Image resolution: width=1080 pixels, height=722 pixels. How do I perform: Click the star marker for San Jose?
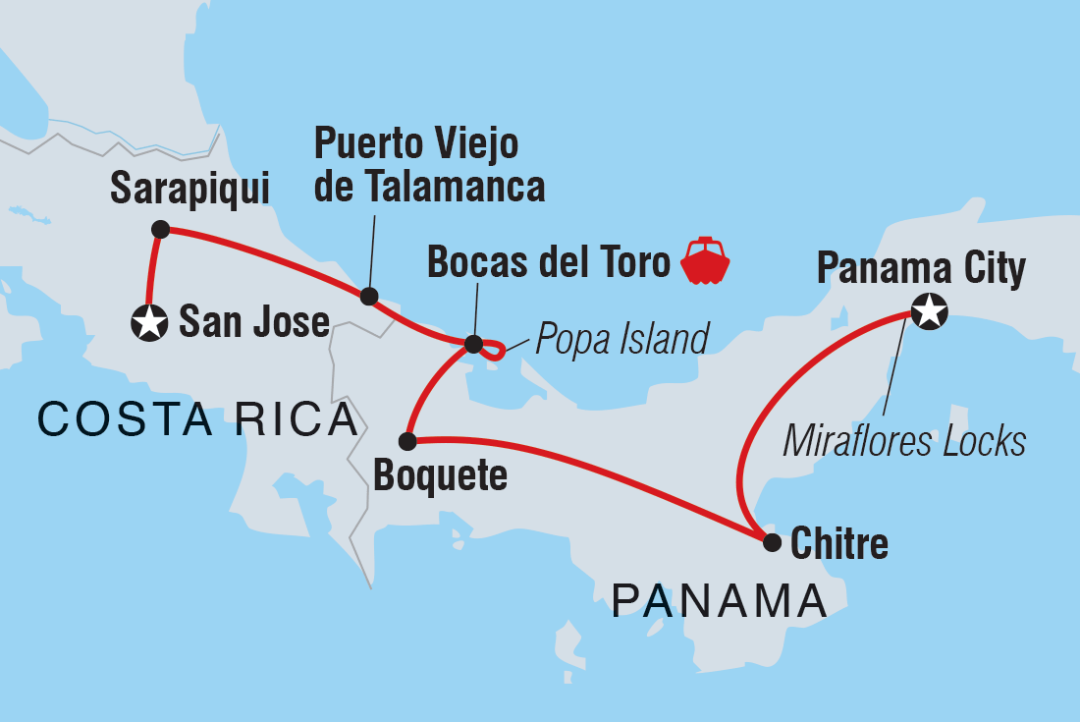(x=149, y=322)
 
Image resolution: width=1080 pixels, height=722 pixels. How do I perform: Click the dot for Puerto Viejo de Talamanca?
(x=369, y=296)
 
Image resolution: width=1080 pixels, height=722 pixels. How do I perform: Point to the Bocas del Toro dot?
(x=473, y=345)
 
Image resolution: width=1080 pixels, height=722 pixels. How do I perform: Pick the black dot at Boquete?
(x=407, y=441)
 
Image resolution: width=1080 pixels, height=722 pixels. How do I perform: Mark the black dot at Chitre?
(x=773, y=541)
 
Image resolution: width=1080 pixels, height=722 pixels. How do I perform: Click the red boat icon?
(x=707, y=261)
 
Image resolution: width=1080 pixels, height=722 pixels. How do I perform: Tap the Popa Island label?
(x=621, y=339)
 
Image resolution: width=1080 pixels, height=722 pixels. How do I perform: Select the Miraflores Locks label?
(x=903, y=441)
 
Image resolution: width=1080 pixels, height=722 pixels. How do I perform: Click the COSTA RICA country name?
(x=197, y=420)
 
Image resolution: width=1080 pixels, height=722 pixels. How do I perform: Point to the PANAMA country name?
(x=719, y=600)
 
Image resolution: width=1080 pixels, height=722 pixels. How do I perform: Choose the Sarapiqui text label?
(x=189, y=189)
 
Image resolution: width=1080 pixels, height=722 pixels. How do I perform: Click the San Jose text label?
(x=254, y=321)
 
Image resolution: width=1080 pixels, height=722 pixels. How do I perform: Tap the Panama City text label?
(x=921, y=267)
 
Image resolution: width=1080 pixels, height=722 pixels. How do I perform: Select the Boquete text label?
(x=440, y=476)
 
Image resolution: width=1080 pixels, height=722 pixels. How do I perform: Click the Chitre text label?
(x=840, y=543)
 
